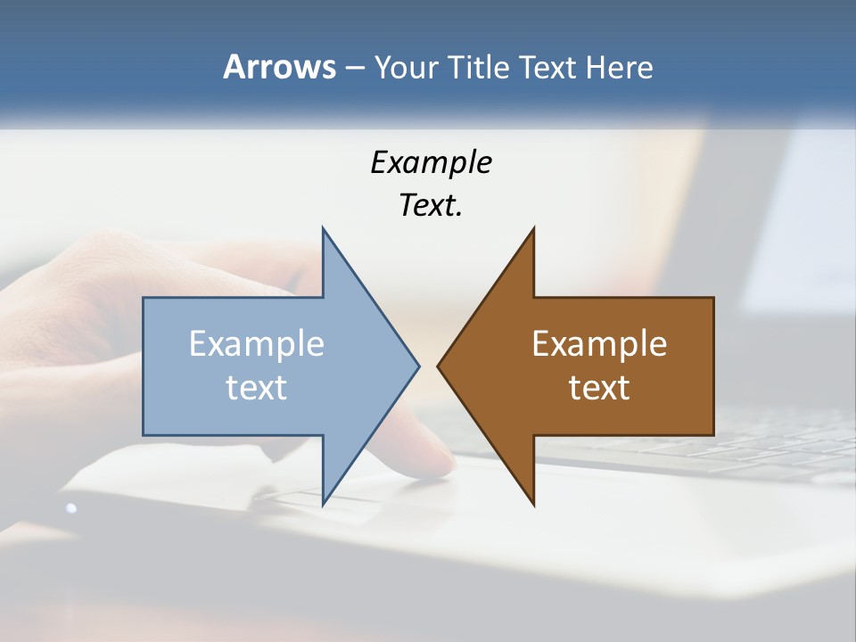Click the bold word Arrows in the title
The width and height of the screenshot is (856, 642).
(x=279, y=67)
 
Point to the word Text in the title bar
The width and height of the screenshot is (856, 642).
(x=548, y=68)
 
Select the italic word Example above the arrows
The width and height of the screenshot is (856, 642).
(x=431, y=163)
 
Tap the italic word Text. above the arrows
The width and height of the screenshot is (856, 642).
(x=431, y=206)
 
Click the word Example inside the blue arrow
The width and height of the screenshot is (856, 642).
(x=257, y=343)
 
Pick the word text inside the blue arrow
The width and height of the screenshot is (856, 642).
(x=257, y=388)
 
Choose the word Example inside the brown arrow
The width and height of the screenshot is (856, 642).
(x=599, y=343)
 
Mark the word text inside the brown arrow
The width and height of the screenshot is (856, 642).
(x=599, y=388)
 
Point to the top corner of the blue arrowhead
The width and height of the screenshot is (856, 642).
(x=323, y=229)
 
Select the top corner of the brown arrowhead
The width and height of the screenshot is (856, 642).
(x=533, y=229)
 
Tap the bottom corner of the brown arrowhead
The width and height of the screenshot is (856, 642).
(x=533, y=504)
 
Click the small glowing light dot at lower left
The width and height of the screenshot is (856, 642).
(x=71, y=508)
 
